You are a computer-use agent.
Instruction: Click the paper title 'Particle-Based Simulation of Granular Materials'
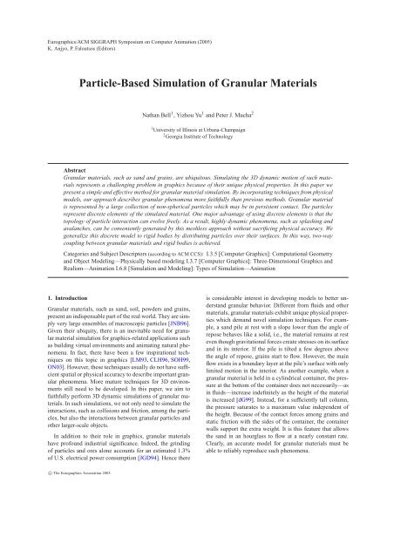pyautogui.click(x=197, y=85)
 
